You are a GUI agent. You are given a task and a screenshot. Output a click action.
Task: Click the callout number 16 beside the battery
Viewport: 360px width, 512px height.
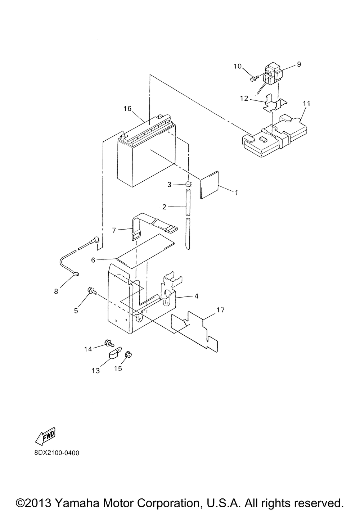127,108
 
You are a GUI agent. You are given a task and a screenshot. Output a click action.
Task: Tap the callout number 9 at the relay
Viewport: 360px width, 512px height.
299,64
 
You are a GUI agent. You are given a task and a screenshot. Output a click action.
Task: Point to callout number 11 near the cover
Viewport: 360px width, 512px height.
306,103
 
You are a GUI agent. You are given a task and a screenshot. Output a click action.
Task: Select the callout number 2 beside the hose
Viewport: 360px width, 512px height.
164,207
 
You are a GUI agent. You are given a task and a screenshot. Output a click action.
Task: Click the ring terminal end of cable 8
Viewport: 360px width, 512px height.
76,275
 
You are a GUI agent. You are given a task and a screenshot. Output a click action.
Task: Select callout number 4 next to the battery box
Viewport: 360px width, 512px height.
196,296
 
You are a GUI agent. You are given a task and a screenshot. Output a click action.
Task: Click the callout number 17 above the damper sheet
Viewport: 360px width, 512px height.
220,310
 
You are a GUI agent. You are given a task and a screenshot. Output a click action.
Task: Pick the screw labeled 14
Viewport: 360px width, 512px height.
108,342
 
